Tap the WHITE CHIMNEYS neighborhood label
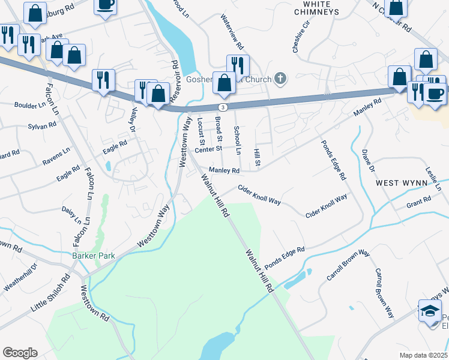(x=311, y=7)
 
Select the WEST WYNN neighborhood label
(x=401, y=182)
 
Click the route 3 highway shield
(x=223, y=107)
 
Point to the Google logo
(x=20, y=353)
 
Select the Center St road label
(x=208, y=148)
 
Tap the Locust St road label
(x=201, y=131)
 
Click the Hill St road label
(x=257, y=158)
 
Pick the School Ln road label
(x=238, y=140)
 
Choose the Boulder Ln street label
(x=30, y=104)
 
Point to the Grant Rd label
(x=418, y=203)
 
